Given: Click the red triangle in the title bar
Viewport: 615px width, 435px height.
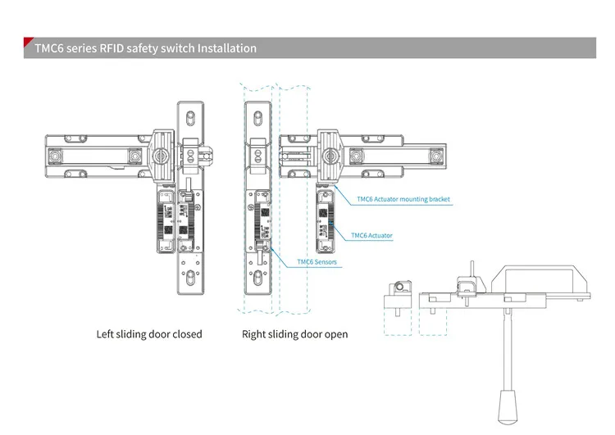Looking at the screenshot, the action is point(27,41).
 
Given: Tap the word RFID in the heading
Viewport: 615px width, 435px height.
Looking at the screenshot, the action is point(112,48).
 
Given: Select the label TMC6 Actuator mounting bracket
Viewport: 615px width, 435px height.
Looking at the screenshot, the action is point(403,199).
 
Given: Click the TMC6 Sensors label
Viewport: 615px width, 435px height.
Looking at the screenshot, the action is point(317,262).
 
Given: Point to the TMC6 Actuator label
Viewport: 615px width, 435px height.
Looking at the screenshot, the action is point(371,236).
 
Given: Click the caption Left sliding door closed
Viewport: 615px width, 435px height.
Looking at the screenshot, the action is point(149,334).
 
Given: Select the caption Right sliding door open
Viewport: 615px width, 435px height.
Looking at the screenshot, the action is point(294,334).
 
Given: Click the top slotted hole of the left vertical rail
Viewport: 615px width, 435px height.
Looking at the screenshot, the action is point(190,118).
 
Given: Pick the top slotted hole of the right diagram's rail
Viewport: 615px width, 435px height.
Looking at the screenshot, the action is point(257,118).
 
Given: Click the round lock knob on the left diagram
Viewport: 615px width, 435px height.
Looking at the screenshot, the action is point(159,156).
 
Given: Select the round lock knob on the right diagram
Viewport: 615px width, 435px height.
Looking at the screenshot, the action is point(330,156).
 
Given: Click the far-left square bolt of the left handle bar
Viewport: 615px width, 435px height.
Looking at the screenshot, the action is point(54,156).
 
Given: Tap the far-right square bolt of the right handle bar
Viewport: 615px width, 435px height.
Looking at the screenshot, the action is point(435,156).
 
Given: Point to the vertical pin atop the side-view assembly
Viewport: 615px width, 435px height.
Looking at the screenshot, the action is point(472,270).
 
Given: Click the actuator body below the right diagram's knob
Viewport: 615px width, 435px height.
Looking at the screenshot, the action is point(326,221).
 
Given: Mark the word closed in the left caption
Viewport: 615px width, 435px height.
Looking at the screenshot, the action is point(188,334).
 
